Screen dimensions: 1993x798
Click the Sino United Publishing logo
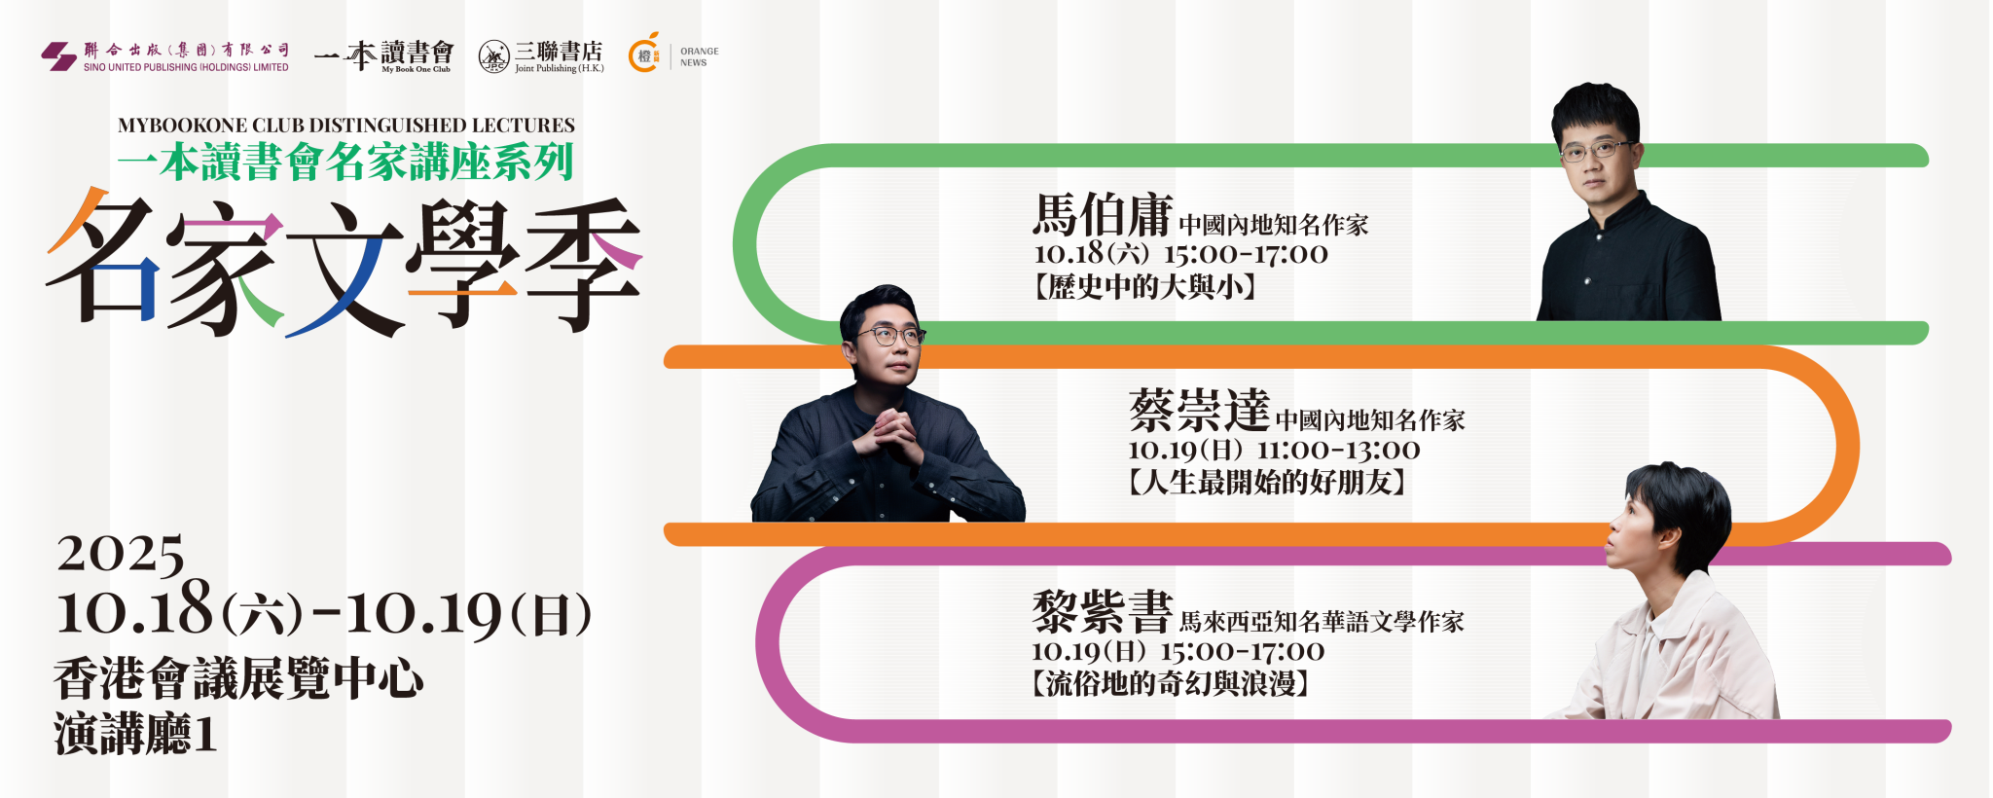165,56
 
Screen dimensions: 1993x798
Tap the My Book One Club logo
384,55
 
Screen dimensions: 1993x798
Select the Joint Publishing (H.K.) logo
541,56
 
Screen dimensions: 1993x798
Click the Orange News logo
673,54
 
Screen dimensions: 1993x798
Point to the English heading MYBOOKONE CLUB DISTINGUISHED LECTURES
346,126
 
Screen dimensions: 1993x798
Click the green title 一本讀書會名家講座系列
345,162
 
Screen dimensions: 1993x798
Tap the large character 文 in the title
344,268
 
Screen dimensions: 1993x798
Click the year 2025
121,555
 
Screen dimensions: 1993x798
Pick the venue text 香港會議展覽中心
238,678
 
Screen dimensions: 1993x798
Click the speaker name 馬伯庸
1103,215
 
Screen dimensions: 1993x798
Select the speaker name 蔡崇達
1200,410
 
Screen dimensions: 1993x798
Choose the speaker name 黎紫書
1103,611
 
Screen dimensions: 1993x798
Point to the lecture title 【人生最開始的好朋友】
1267,483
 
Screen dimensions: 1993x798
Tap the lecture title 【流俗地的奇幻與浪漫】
1171,684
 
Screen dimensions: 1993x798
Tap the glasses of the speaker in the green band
1597,150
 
